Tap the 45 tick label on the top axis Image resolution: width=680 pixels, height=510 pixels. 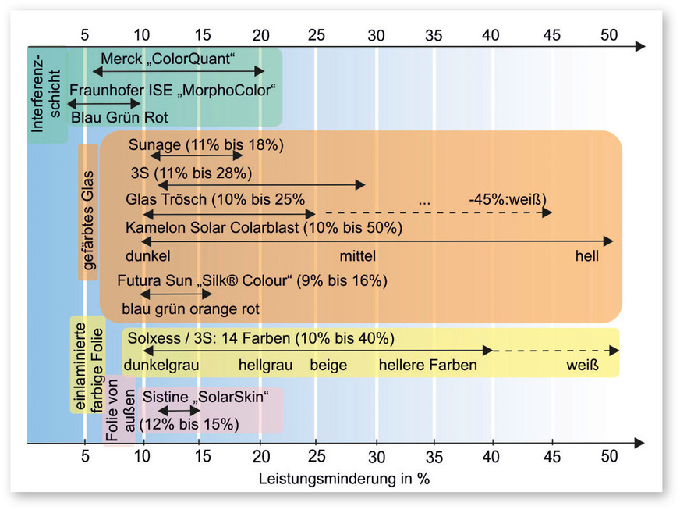(x=551, y=34)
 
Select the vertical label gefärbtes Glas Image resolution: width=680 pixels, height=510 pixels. (x=88, y=212)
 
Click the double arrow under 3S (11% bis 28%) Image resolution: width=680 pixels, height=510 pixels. (x=261, y=184)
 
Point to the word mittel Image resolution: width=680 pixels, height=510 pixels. (x=357, y=255)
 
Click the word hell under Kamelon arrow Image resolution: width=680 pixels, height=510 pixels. (x=587, y=255)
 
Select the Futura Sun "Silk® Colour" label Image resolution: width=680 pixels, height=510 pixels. (x=252, y=280)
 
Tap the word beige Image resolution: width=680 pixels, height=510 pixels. (x=328, y=365)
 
